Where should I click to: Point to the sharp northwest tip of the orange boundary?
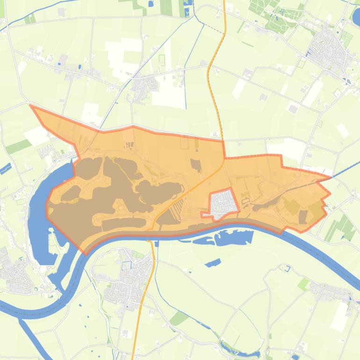tap(31, 106)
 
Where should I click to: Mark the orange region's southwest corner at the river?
tap(86, 252)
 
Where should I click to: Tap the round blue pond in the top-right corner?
tap(356, 18)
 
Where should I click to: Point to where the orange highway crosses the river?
tap(151, 236)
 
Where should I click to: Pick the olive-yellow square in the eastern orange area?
tap(292, 206)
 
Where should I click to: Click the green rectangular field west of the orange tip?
tap(18, 146)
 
